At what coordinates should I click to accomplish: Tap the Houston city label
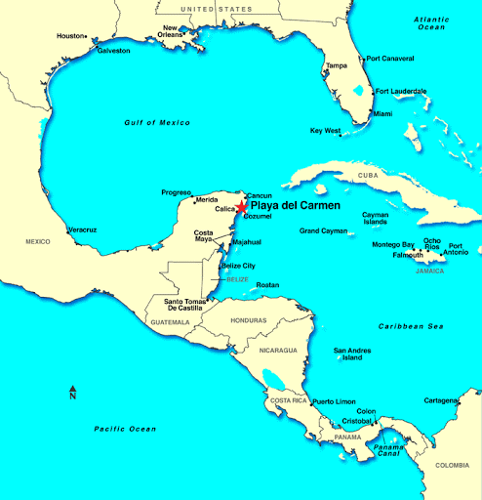click(70, 36)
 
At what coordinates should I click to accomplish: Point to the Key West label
click(325, 130)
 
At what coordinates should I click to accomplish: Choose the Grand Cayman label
click(323, 230)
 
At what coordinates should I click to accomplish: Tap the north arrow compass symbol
click(72, 393)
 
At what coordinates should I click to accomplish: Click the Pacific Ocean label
click(125, 429)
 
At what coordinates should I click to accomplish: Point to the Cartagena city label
click(441, 400)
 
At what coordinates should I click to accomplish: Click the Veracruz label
click(82, 229)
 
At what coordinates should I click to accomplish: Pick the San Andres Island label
click(352, 354)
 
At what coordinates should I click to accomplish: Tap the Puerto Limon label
click(334, 401)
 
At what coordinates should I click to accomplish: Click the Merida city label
click(207, 200)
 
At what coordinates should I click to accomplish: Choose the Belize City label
click(239, 266)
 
